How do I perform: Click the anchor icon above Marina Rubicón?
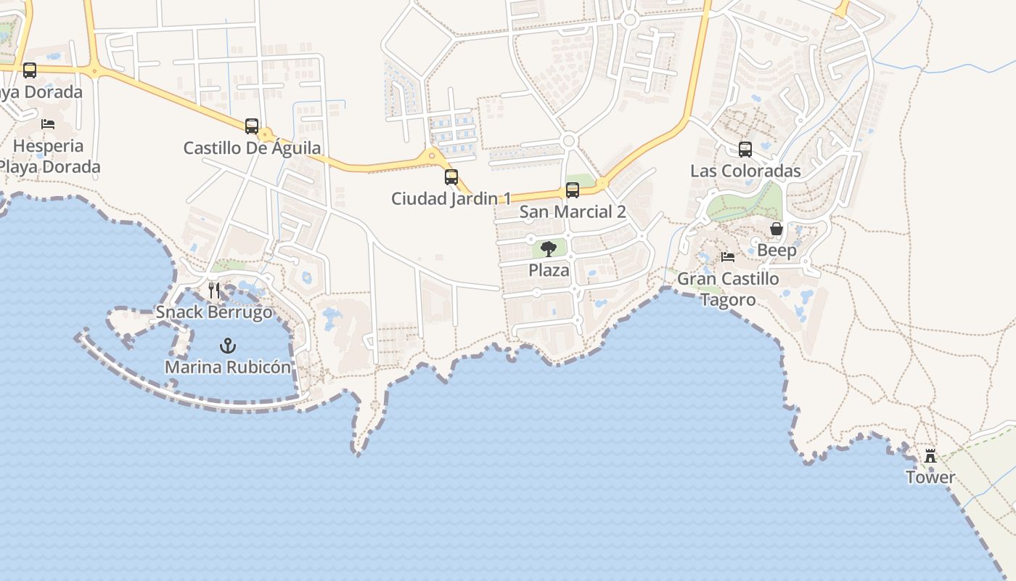pyautogui.click(x=228, y=346)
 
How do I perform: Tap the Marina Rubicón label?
pyautogui.click(x=228, y=367)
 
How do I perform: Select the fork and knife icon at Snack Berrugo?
pyautogui.click(x=214, y=290)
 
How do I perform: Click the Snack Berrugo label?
pyautogui.click(x=214, y=312)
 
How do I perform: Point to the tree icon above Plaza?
pyautogui.click(x=549, y=249)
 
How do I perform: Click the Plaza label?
pyautogui.click(x=549, y=270)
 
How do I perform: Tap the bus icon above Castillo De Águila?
pyautogui.click(x=252, y=126)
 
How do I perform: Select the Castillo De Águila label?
pyautogui.click(x=252, y=148)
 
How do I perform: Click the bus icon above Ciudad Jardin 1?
pyautogui.click(x=451, y=176)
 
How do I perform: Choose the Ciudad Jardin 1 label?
pyautogui.click(x=451, y=198)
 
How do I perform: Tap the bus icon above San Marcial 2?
pyautogui.click(x=573, y=190)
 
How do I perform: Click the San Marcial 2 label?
pyautogui.click(x=573, y=212)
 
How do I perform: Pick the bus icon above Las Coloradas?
pyautogui.click(x=745, y=150)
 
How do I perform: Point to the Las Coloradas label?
pyautogui.click(x=745, y=171)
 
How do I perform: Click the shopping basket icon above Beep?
pyautogui.click(x=777, y=229)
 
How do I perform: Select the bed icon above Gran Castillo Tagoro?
pyautogui.click(x=728, y=257)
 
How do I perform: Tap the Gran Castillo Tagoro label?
pyautogui.click(x=728, y=289)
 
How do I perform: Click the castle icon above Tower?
pyautogui.click(x=930, y=456)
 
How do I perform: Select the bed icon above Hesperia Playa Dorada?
pyautogui.click(x=48, y=124)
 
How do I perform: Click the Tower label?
pyautogui.click(x=930, y=477)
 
